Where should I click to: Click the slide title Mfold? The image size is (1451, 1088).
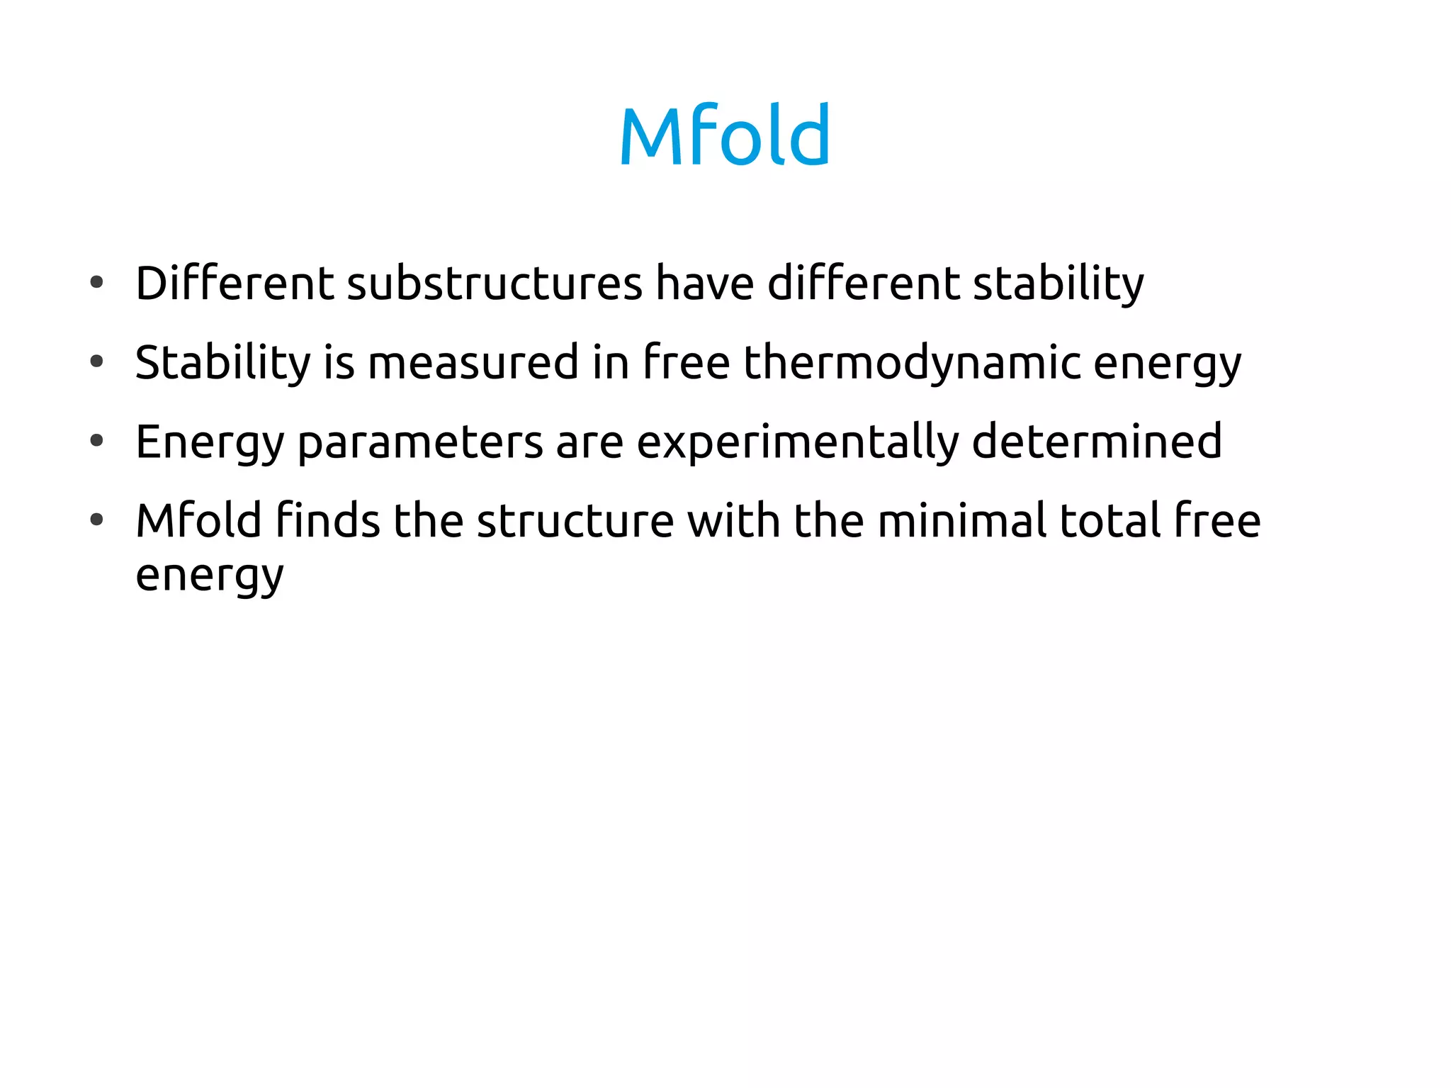point(724,135)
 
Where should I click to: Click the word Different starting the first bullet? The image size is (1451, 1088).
point(235,283)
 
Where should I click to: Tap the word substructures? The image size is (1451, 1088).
point(495,283)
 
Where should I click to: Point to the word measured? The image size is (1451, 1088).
point(473,363)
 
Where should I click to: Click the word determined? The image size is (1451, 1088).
point(1097,441)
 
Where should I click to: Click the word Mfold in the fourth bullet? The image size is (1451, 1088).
point(199,520)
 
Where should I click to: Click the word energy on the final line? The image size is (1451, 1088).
point(210,576)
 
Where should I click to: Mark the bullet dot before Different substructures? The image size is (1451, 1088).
point(97,283)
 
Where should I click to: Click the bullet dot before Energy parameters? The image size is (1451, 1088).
point(97,441)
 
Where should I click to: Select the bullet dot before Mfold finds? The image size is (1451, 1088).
point(97,520)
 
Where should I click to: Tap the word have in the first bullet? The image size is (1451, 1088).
point(705,283)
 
